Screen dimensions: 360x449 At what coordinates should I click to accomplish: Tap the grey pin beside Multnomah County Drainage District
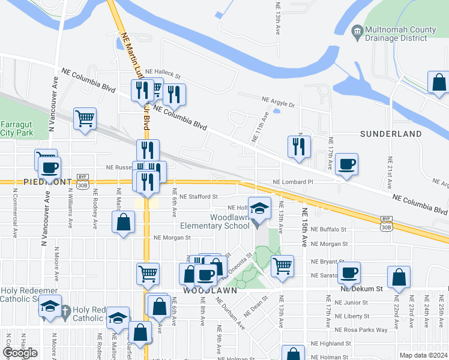click(357, 30)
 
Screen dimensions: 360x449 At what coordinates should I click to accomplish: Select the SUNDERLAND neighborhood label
click(391, 134)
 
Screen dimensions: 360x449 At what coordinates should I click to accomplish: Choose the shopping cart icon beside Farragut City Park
click(85, 118)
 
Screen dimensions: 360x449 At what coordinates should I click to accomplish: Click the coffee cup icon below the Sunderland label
click(346, 164)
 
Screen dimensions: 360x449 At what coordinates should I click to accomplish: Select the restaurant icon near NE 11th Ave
click(298, 145)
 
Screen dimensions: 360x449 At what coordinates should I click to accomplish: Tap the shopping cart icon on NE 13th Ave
click(282, 265)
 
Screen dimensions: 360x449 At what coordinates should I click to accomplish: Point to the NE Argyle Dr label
click(278, 103)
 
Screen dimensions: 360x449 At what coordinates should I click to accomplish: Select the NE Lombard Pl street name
click(293, 182)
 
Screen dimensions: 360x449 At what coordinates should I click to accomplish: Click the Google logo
click(20, 353)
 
